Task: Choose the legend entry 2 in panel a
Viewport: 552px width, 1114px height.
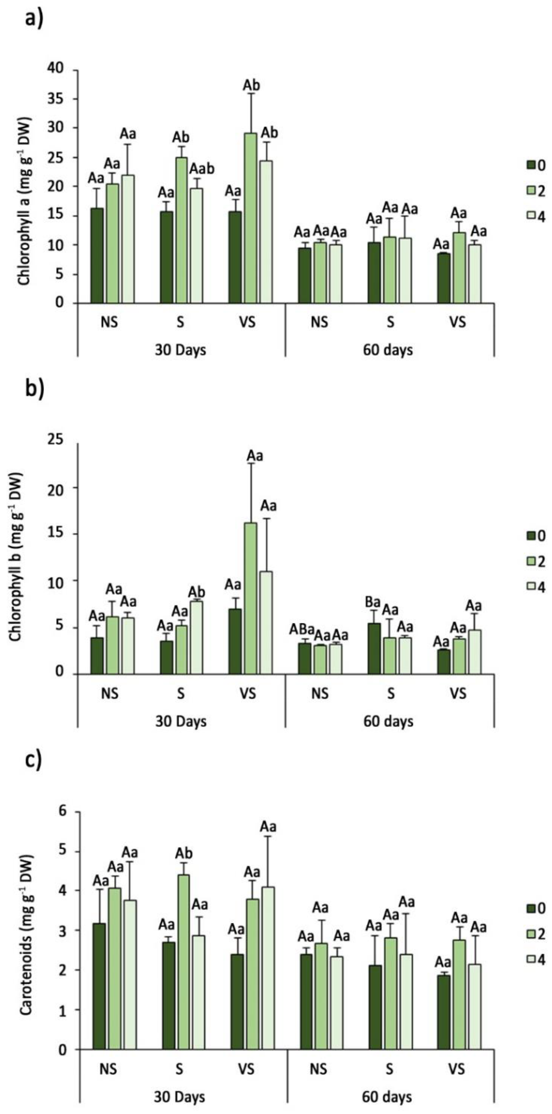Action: pyautogui.click(x=536, y=190)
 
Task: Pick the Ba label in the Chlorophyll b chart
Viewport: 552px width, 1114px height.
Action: pyautogui.click(x=372, y=602)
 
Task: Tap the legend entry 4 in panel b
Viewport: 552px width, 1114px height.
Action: pyautogui.click(x=536, y=587)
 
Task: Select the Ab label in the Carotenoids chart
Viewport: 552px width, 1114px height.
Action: pyautogui.click(x=184, y=854)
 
